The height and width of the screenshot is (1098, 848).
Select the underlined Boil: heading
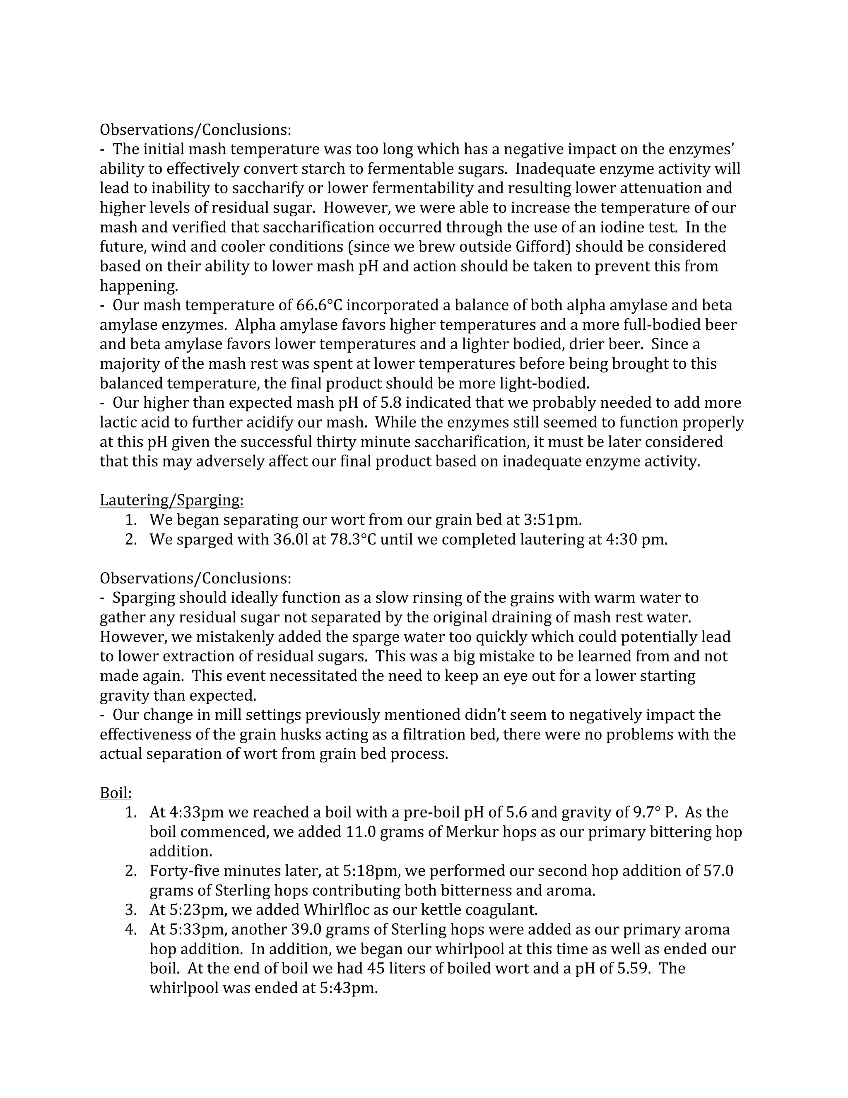pos(116,793)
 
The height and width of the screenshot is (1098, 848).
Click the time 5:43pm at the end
pos(348,988)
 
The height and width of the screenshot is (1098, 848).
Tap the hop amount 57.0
pos(718,871)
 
